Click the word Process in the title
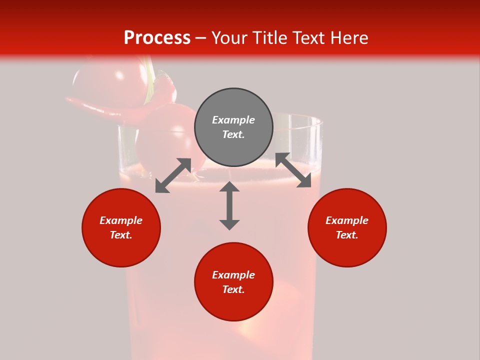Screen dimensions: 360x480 [x=157, y=38]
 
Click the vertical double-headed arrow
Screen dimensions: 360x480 [x=229, y=205]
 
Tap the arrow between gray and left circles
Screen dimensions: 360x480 [x=173, y=175]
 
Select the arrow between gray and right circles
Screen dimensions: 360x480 [x=293, y=170]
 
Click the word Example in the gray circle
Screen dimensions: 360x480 [x=233, y=120]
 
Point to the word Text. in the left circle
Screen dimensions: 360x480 [x=121, y=235]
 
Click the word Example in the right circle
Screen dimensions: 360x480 [x=347, y=220]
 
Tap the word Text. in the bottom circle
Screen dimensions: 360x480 [x=233, y=289]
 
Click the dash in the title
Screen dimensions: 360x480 [x=200, y=38]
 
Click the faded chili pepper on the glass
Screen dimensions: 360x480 [x=100, y=106]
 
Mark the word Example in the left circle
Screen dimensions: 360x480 [x=121, y=220]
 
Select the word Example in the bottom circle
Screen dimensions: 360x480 [x=233, y=275]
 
